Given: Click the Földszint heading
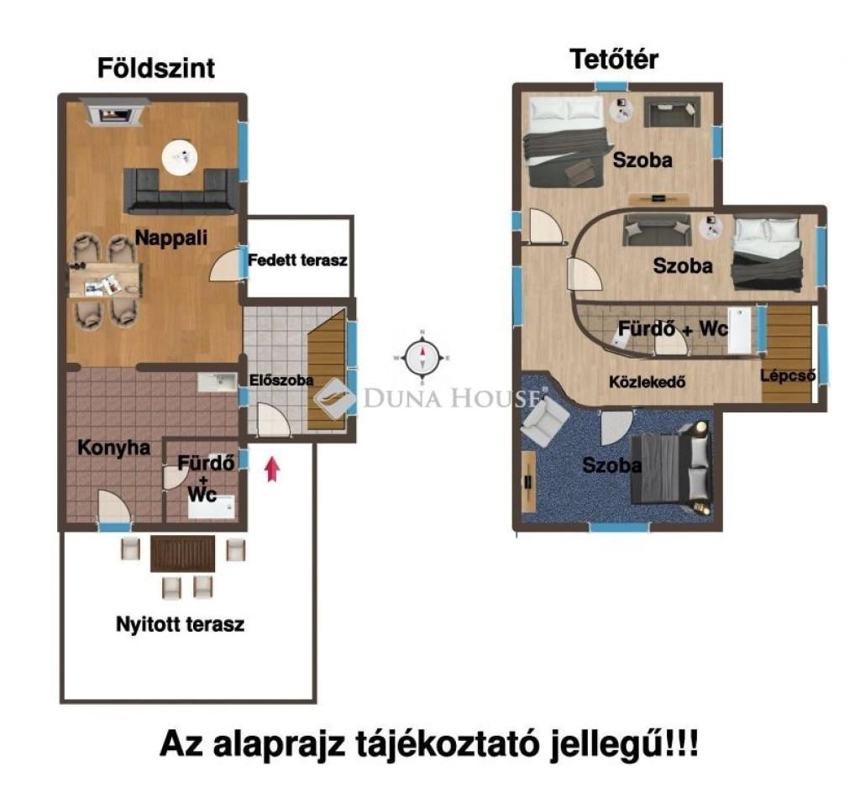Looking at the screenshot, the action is tap(156, 69).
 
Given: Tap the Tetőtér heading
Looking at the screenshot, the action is tap(614, 60).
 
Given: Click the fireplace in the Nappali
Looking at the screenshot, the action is tap(114, 113).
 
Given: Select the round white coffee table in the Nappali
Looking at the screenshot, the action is tap(180, 157).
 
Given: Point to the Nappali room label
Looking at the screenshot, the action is tap(171, 238).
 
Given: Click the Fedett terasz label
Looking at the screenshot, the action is tap(297, 260).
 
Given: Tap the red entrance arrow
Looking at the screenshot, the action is tap(273, 469).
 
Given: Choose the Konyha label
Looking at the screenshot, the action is tap(113, 448).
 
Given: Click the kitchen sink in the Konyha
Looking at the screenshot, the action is tap(218, 382).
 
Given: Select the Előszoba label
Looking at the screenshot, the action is tap(281, 380).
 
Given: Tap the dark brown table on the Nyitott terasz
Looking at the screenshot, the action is tap(182, 554).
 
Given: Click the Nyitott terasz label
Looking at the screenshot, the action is tap(180, 624).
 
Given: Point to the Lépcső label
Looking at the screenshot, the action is tap(788, 376).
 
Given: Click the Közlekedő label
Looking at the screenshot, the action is tap(648, 381).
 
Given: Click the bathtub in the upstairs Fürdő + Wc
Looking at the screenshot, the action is tap(739, 329).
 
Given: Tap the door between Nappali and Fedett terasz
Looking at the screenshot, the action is tap(225, 263).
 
